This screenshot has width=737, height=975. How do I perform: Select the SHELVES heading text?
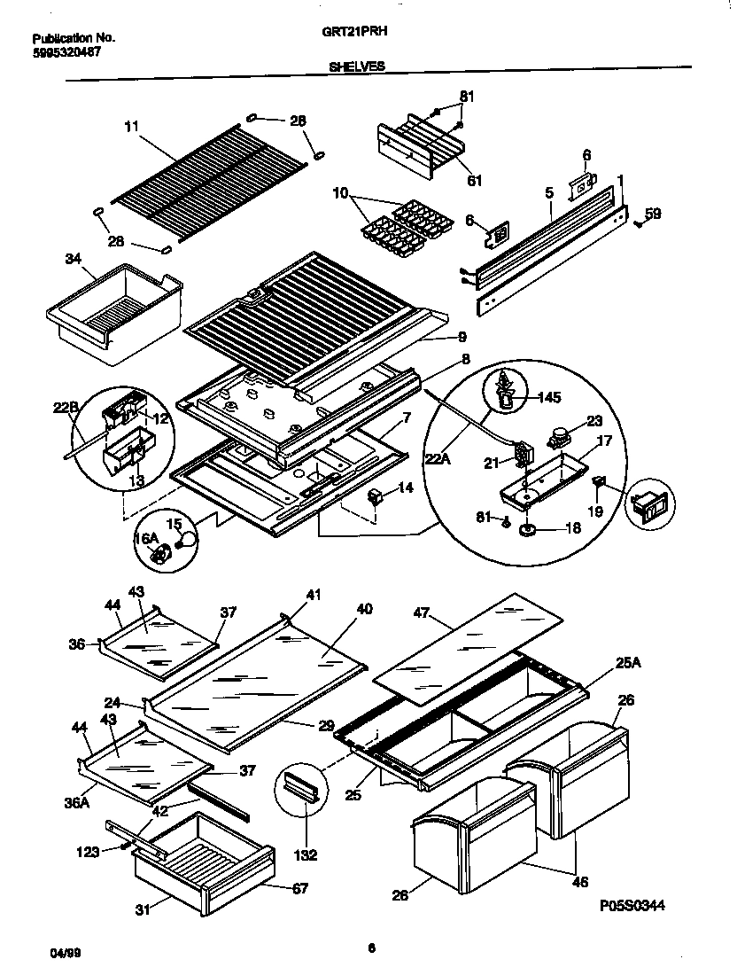(x=357, y=66)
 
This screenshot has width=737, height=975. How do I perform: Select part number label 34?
(x=73, y=259)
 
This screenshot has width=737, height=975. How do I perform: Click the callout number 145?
(x=551, y=397)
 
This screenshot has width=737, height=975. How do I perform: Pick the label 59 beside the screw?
(x=653, y=213)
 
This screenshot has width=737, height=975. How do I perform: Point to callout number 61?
(x=474, y=181)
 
